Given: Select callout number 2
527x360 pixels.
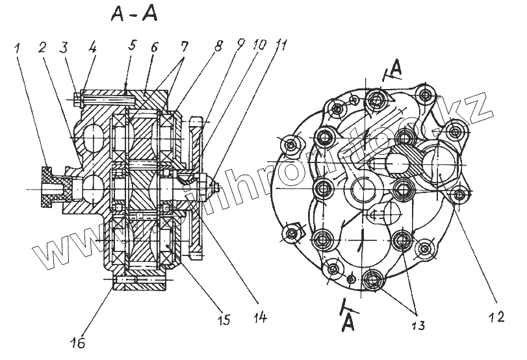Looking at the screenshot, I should [x=42, y=47].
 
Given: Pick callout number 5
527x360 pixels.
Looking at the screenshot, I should [x=133, y=47].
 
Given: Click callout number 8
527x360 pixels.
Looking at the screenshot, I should [x=219, y=47].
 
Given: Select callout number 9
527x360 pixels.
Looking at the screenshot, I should [x=242, y=47].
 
